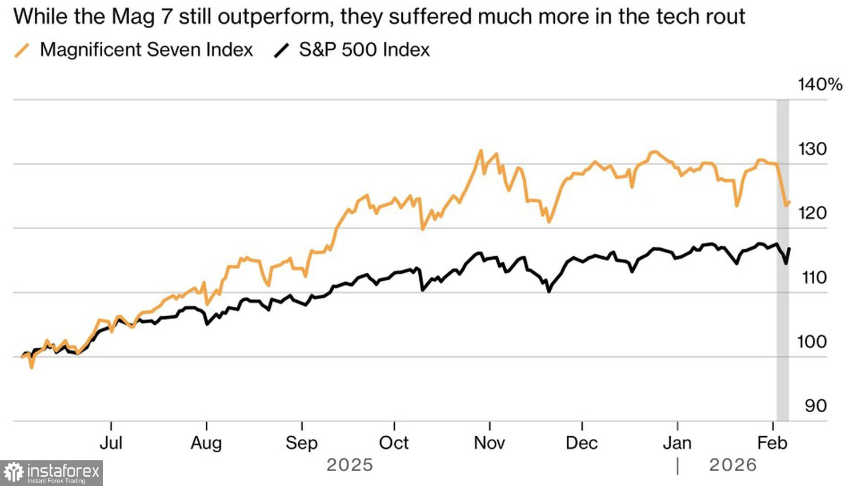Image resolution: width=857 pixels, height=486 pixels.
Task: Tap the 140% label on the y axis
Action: click(820, 85)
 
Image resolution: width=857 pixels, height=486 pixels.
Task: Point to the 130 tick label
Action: click(812, 149)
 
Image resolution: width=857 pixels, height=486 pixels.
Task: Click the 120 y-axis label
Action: click(812, 213)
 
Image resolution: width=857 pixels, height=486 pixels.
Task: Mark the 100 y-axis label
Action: click(812, 342)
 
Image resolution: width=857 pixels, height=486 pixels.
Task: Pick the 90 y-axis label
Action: click(816, 406)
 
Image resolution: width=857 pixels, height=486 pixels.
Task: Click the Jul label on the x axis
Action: click(111, 443)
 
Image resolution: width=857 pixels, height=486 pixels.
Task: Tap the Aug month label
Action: click(206, 443)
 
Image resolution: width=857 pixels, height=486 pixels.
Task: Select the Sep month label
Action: click(302, 443)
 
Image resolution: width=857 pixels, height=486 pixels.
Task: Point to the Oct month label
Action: click(394, 443)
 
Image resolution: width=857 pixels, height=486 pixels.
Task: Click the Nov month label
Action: click(490, 443)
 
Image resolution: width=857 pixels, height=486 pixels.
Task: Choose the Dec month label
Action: click(582, 443)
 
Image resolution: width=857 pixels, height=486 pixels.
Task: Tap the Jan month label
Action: click(677, 443)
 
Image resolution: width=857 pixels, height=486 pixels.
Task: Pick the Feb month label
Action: click(772, 443)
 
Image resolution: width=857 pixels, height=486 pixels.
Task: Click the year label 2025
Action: click(350, 465)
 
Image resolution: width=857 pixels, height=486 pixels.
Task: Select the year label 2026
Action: click(733, 465)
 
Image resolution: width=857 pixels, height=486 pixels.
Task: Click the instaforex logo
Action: click(51, 473)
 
